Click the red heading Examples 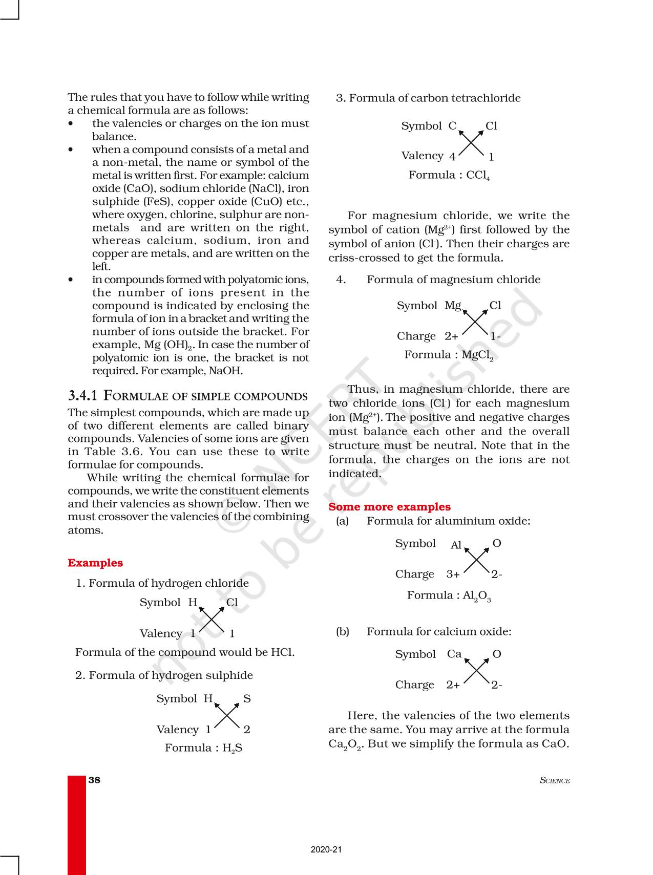tap(95, 563)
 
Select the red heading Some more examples tap(389, 507)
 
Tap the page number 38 tap(94, 780)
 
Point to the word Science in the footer tap(555, 780)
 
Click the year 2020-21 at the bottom tap(326, 849)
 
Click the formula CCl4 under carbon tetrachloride tap(478, 176)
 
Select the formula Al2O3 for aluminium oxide tap(477, 596)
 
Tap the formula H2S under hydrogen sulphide tap(232, 748)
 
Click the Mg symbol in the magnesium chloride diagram tap(453, 306)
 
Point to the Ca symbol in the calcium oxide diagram tap(454, 654)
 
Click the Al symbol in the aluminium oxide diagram tap(456, 545)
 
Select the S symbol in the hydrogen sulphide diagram tap(247, 699)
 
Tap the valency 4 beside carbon tap(452, 157)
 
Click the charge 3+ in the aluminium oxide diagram tap(453, 574)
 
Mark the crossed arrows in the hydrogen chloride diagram tap(212, 618)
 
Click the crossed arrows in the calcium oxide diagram tap(477, 670)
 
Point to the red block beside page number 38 tap(77, 824)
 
